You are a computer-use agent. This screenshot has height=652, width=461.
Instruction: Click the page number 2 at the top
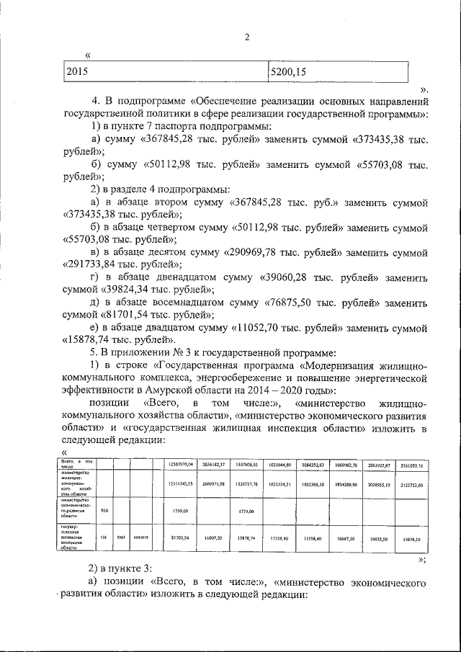(246, 38)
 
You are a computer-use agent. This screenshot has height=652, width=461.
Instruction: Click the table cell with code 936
(104, 509)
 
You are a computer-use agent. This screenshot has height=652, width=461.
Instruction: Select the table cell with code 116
(104, 537)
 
